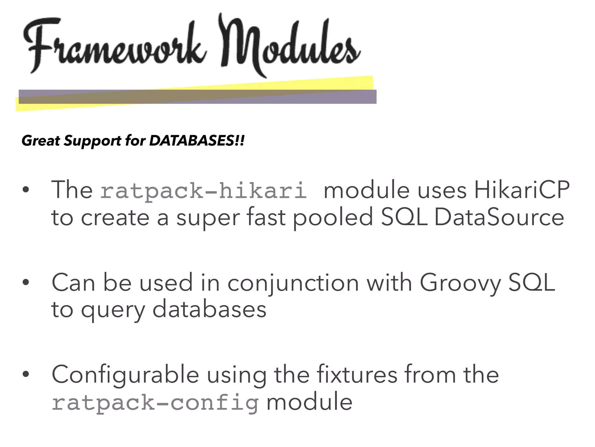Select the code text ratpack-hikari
pyautogui.click(x=203, y=191)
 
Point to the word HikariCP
pyautogui.click(x=522, y=190)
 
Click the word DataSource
pyautogui.click(x=499, y=218)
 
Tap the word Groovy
pyautogui.click(x=460, y=283)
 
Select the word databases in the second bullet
pyautogui.click(x=209, y=310)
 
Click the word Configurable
pyautogui.click(x=125, y=375)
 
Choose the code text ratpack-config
pyautogui.click(x=155, y=403)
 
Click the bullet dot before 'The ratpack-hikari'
pyautogui.click(x=26, y=190)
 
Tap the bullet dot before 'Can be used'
pyautogui.click(x=26, y=282)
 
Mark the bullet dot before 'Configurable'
pyautogui.click(x=26, y=375)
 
